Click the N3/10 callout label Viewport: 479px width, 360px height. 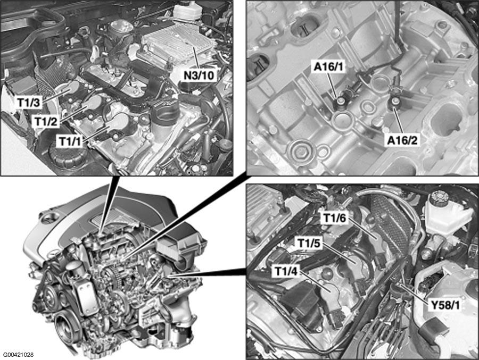pyautogui.click(x=198, y=75)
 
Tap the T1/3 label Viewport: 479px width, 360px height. pyautogui.click(x=29, y=103)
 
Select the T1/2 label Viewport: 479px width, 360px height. pyautogui.click(x=46, y=122)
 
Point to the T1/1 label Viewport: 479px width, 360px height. pyautogui.click(x=71, y=141)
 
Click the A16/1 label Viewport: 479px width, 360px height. pyautogui.click(x=328, y=67)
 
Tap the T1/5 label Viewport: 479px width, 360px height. pyautogui.click(x=309, y=244)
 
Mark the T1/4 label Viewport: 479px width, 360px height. pyautogui.click(x=286, y=271)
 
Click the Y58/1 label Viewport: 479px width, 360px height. pyautogui.click(x=445, y=305)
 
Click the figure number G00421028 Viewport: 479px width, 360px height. pyautogui.click(x=18, y=355)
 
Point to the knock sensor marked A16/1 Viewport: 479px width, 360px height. pyautogui.click(x=340, y=102)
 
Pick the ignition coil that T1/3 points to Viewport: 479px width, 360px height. pyautogui.click(x=68, y=89)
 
